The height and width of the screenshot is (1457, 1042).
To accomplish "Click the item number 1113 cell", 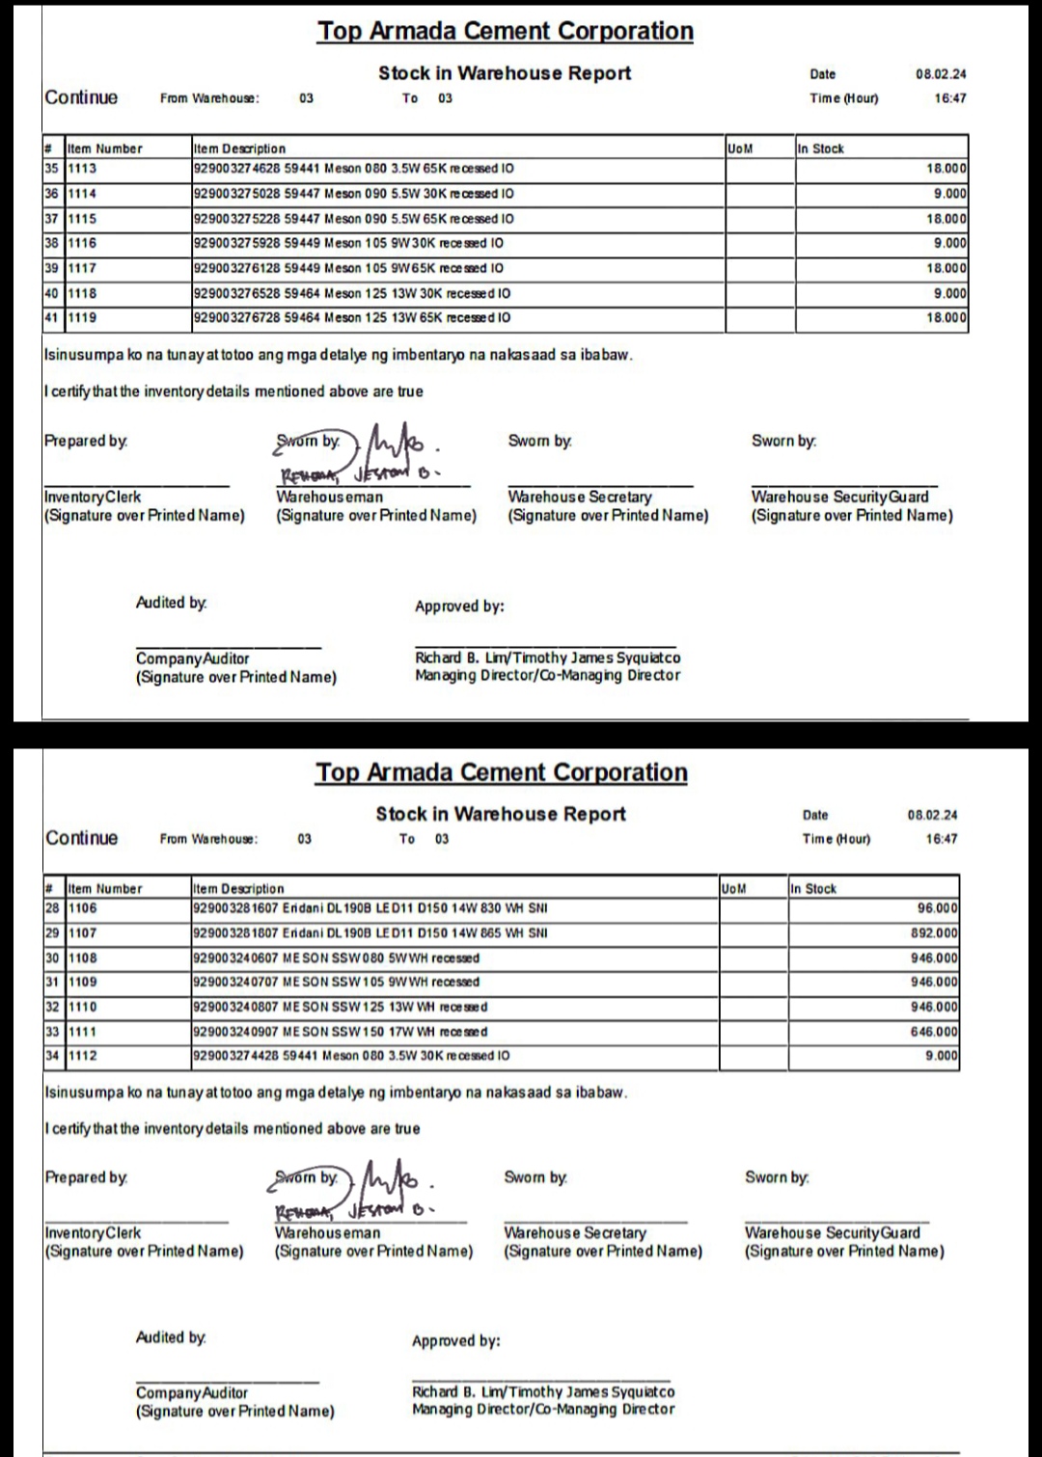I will click(82, 169).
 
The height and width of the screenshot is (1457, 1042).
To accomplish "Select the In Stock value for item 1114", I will click(949, 194).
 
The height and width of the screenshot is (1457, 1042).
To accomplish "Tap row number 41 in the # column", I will click(51, 317).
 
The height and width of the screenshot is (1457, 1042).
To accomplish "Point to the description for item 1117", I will click(348, 268).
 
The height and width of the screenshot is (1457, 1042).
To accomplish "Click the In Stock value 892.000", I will click(934, 933).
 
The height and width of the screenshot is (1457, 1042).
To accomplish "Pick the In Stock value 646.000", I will click(934, 1032).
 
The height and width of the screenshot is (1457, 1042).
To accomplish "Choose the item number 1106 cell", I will click(82, 908).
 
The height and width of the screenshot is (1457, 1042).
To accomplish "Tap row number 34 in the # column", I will click(52, 1056).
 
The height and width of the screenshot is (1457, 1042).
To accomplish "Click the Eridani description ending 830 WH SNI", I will click(370, 908).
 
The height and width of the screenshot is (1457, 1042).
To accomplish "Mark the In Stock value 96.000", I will click(937, 908).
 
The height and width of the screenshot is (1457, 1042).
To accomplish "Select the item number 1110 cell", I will click(82, 1007).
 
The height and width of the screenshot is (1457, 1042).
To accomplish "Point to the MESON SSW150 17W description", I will click(341, 1032).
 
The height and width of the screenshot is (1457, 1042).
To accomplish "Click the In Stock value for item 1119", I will click(946, 317).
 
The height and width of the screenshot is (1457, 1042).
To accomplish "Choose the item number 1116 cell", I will click(82, 243).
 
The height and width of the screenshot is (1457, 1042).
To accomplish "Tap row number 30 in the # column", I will click(52, 958).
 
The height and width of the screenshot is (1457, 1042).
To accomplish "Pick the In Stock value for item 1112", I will click(941, 1056).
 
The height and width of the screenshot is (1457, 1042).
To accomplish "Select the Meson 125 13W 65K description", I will click(352, 317).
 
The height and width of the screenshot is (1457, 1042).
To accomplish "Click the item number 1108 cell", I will click(82, 958).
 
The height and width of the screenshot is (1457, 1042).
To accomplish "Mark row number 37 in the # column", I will click(51, 219).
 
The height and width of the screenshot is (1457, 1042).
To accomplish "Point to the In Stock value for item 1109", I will click(934, 982).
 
